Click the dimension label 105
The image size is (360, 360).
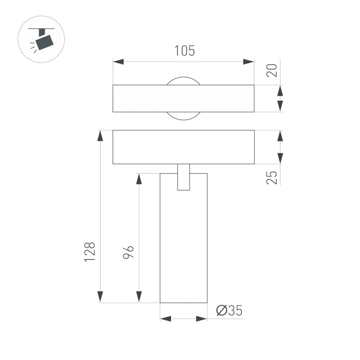185,51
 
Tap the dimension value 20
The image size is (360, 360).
273,70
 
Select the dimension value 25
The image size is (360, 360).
273,177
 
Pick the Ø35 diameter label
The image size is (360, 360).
229,311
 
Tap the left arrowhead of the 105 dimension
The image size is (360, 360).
118,62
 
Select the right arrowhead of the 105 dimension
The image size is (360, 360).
248,62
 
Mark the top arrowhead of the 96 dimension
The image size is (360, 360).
139,179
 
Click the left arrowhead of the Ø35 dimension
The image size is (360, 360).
165,319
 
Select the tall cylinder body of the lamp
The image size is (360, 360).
184,245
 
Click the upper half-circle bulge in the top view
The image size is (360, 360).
183,81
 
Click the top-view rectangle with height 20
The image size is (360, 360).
144,98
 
